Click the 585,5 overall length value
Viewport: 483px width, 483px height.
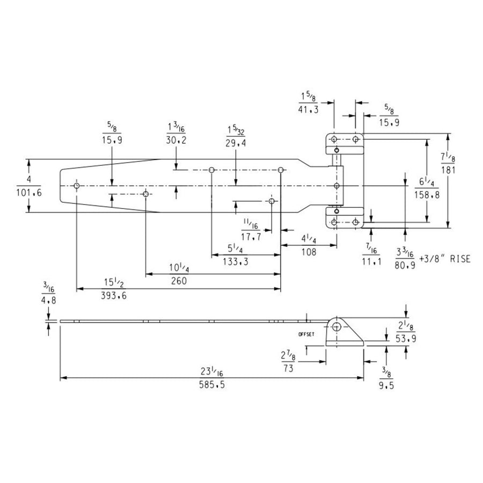coord(212,385)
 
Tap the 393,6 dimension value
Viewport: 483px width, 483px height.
coord(114,296)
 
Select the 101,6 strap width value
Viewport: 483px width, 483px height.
coord(28,193)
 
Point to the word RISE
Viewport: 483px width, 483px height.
coord(460,259)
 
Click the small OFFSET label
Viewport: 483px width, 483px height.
coord(306,334)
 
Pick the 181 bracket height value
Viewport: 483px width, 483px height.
coord(448,170)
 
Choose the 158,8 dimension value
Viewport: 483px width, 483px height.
coord(427,195)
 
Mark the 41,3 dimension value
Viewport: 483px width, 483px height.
coord(309,109)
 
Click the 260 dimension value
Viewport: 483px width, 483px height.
coord(179,281)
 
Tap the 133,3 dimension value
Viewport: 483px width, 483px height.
coord(236,262)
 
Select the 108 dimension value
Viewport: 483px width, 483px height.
coord(309,252)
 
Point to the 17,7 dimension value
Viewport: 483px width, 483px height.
coord(251,237)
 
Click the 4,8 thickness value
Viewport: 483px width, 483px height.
coord(49,300)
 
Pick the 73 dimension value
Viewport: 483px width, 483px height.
coord(288,368)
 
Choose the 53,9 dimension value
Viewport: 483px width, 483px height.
coord(406,339)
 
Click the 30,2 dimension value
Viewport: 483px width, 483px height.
coord(176,140)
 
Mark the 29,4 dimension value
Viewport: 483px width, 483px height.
coord(236,143)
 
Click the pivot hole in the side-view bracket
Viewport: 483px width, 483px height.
coord(337,326)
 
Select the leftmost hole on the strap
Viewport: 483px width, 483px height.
coord(77,186)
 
